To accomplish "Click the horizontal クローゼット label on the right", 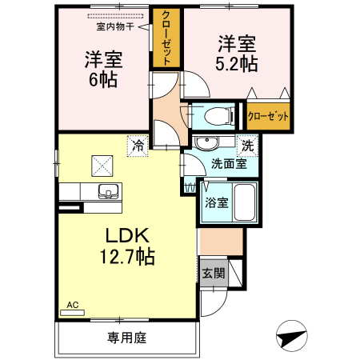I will (x=267, y=116).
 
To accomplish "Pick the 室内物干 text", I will (x=115, y=26).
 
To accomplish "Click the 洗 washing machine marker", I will (x=249, y=146).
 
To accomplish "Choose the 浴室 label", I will (x=215, y=202).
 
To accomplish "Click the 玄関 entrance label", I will (x=213, y=273).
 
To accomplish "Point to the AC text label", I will (x=72, y=305).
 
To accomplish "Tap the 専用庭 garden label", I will (x=126, y=337).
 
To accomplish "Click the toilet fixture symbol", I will (x=217, y=116).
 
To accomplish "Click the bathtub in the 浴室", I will (x=244, y=202).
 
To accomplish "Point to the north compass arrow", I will (x=294, y=334).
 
